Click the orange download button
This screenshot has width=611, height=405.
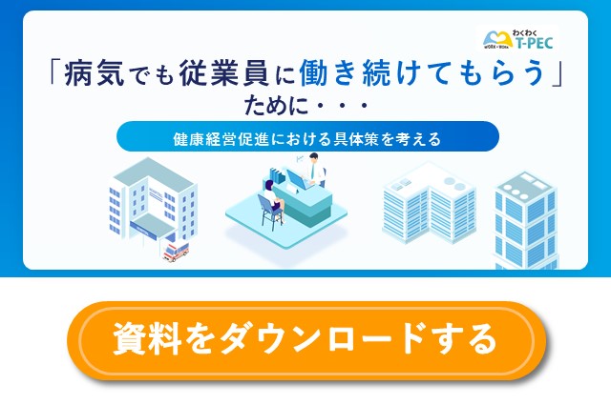pyautogui.click(x=305, y=339)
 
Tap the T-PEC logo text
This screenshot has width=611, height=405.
pyautogui.click(x=533, y=42)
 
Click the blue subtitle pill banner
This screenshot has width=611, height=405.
pyautogui.click(x=307, y=137)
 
